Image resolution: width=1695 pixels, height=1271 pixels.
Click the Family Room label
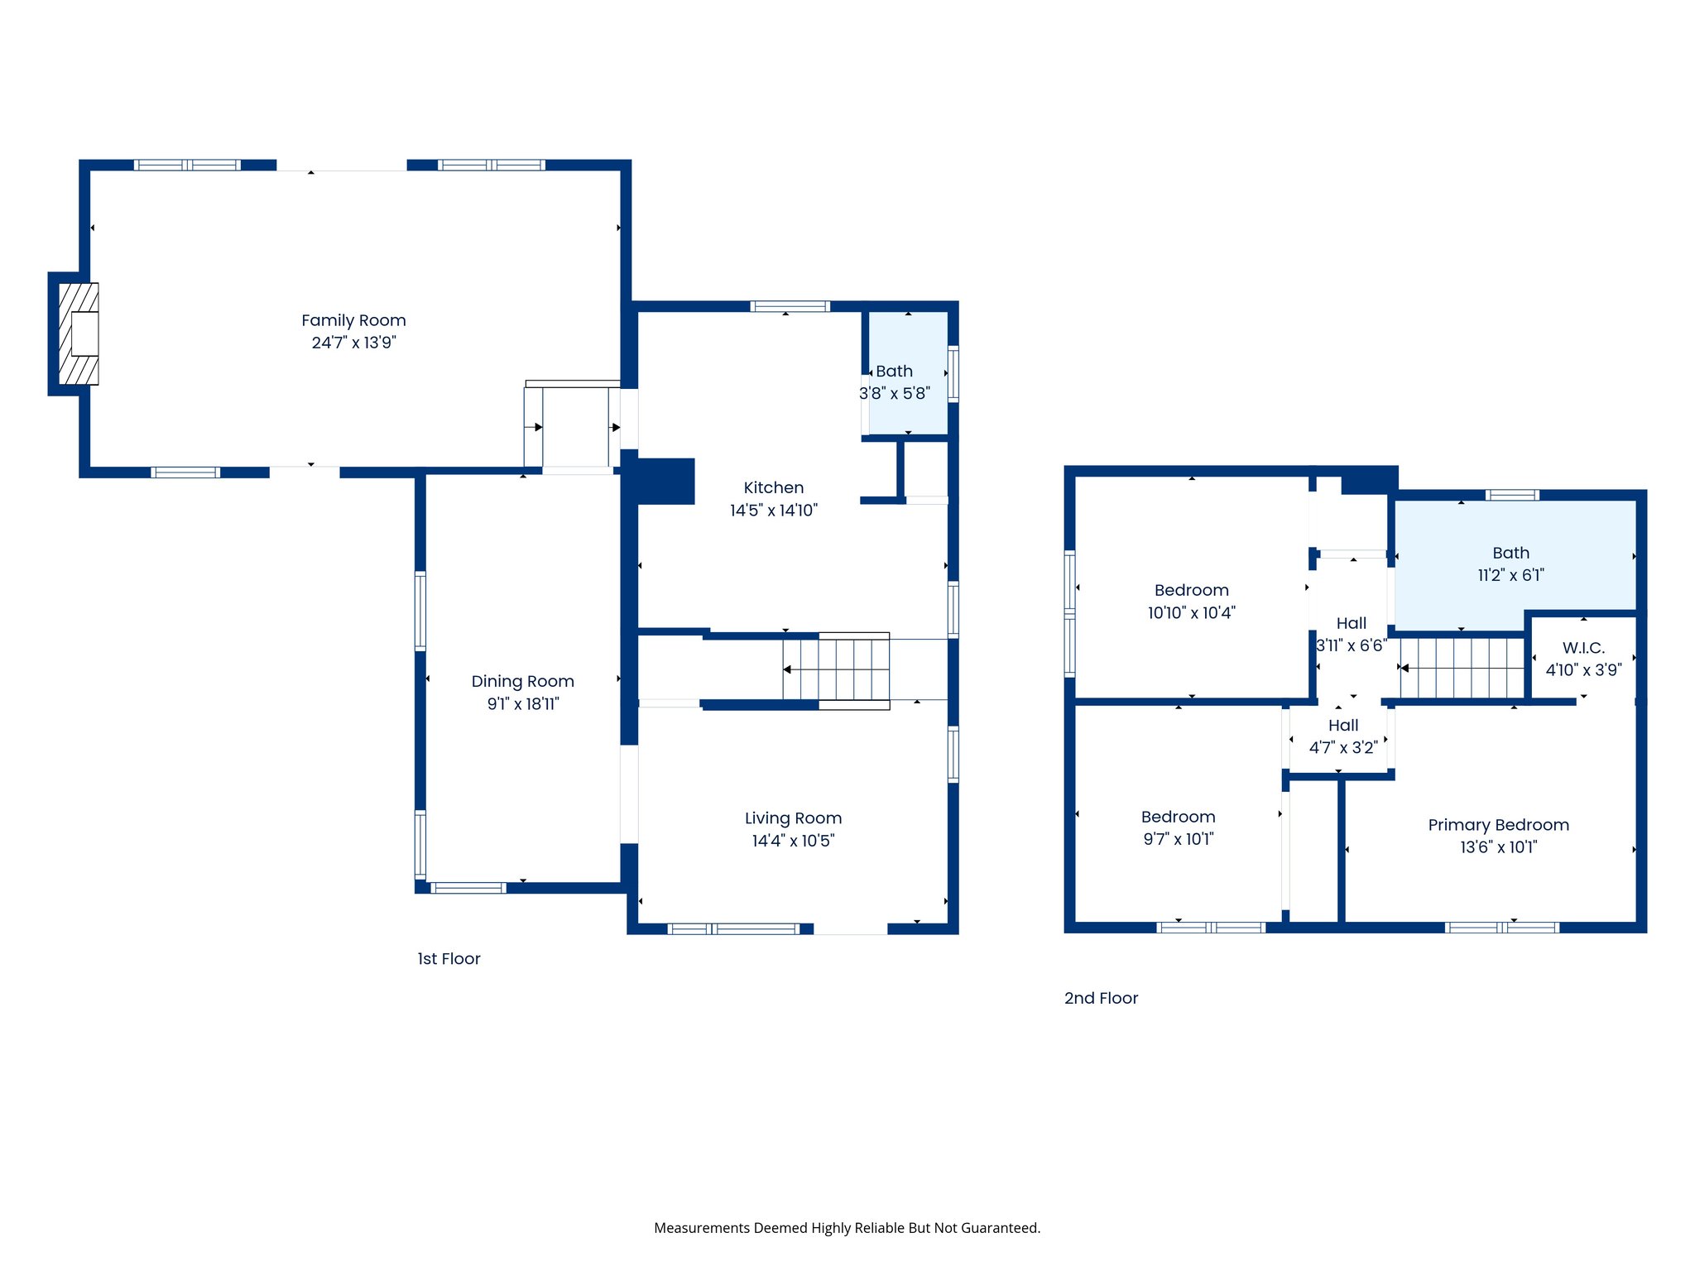tap(353, 320)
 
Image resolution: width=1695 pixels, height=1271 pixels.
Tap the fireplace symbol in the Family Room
tap(79, 333)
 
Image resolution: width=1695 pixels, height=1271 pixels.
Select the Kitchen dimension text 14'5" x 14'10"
tap(773, 511)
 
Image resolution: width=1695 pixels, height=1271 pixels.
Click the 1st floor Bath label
tap(894, 372)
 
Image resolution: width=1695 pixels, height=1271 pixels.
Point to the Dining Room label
tap(522, 681)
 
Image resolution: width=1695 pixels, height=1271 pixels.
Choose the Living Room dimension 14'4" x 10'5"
tap(793, 841)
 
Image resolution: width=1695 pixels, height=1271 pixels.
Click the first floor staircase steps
tap(836, 669)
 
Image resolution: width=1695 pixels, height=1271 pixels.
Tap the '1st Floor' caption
tap(449, 958)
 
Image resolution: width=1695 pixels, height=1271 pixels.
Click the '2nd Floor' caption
tap(1101, 998)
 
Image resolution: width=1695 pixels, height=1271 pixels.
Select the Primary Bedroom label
tap(1498, 825)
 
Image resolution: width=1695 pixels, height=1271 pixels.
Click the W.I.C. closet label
tap(1583, 648)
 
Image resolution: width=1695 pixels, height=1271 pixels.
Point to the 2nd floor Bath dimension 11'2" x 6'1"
tap(1510, 575)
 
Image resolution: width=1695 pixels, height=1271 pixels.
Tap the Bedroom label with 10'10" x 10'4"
tap(1191, 590)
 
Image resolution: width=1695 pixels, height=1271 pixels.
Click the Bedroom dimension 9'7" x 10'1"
tap(1178, 839)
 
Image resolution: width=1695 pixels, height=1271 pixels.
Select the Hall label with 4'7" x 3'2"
tap(1343, 726)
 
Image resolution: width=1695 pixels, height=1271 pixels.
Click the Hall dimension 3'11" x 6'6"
tap(1351, 645)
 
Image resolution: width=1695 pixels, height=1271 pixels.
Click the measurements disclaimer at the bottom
tap(847, 1228)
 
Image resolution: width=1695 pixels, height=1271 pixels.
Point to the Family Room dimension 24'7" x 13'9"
tap(353, 343)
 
